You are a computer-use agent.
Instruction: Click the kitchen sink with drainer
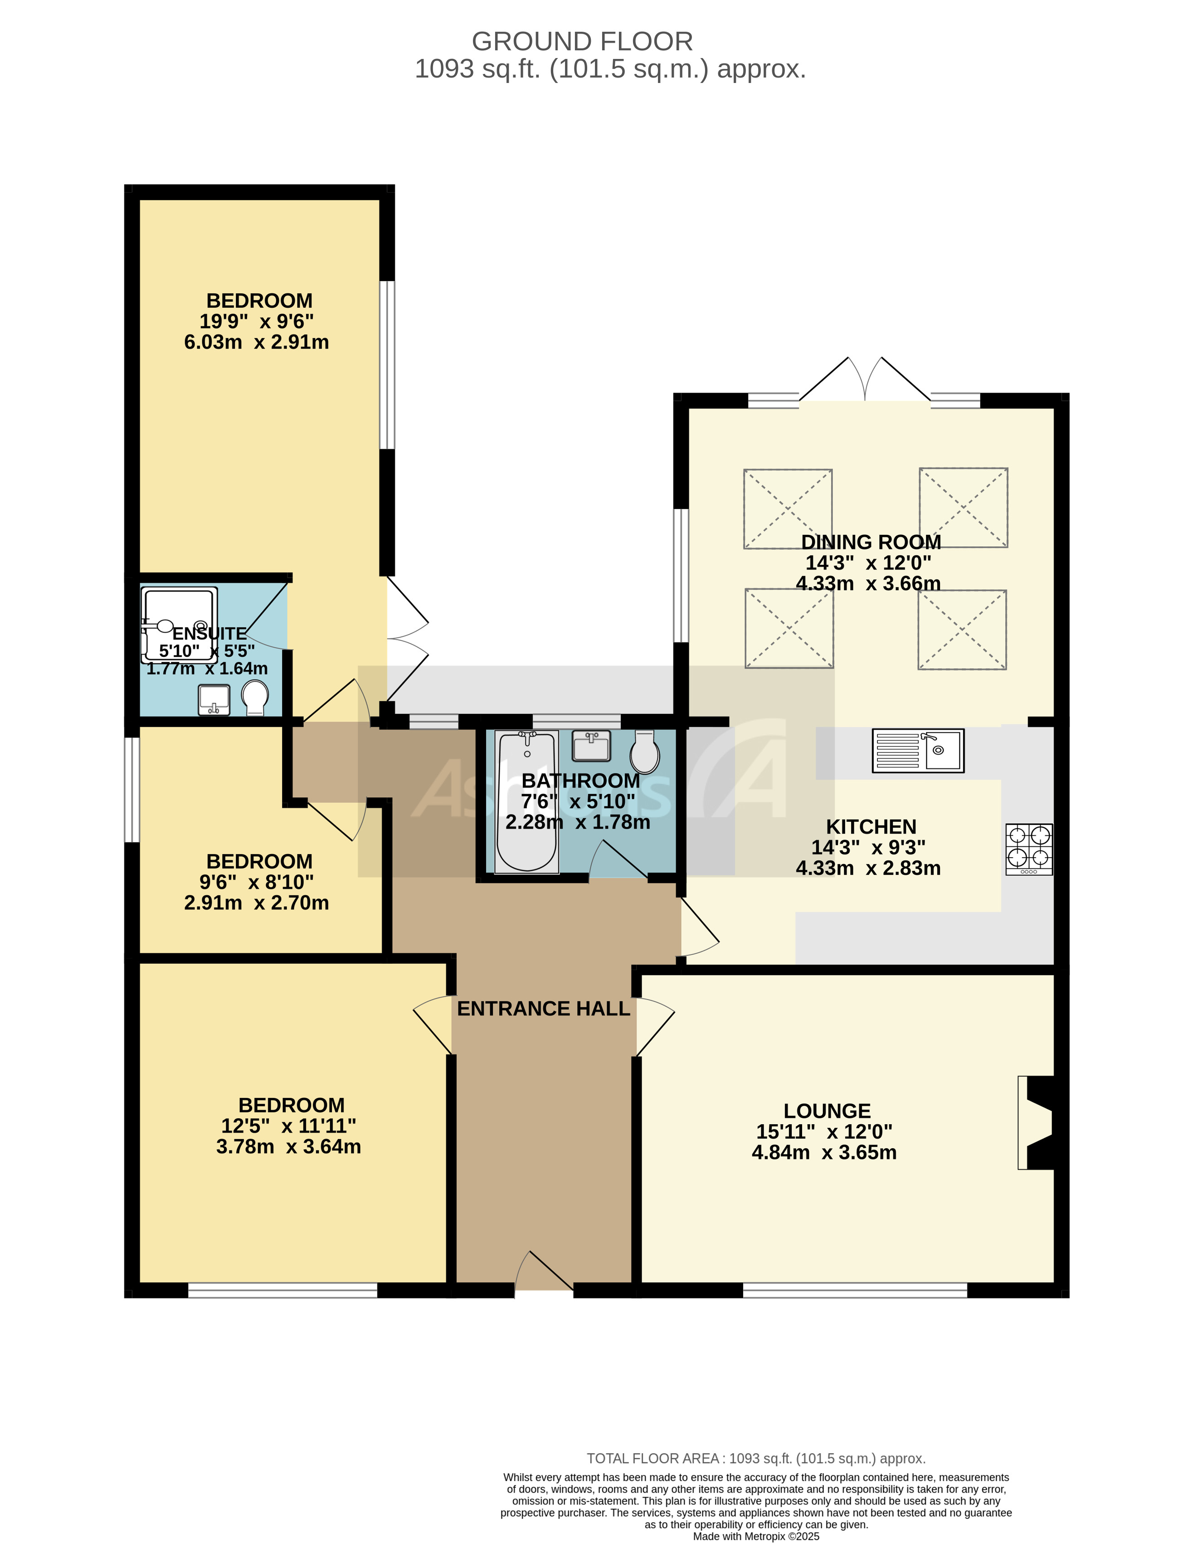(917, 750)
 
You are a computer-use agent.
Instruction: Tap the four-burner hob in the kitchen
(1029, 849)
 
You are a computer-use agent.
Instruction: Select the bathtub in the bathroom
(527, 802)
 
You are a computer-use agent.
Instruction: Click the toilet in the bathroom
(644, 752)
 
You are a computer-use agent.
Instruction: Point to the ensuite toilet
(254, 697)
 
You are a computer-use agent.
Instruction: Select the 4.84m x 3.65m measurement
(823, 1152)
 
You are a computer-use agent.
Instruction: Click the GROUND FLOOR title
(582, 42)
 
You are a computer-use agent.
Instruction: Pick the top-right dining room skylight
(963, 507)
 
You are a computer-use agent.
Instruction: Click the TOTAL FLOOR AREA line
(755, 1458)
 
